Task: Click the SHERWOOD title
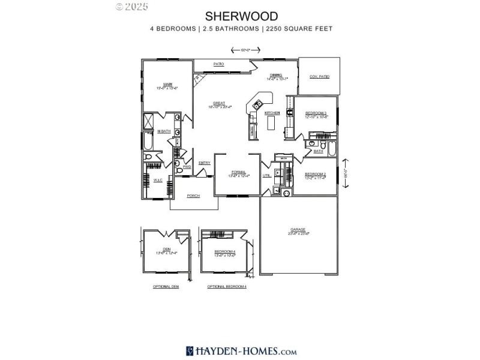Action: point(241,16)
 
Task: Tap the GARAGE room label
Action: point(298,229)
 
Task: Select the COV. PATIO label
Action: point(320,77)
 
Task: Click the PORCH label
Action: point(193,196)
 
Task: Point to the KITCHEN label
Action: point(272,113)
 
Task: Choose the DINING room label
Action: point(275,75)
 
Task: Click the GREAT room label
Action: point(219,103)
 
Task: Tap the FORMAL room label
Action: point(239,172)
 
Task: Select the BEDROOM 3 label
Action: point(316,113)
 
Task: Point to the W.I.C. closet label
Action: point(158,180)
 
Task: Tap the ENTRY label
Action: point(205,163)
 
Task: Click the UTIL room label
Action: point(266,175)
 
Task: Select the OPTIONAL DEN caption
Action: point(166,287)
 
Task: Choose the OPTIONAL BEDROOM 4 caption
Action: point(227,287)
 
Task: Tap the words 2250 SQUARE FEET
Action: point(298,28)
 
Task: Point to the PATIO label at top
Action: point(218,63)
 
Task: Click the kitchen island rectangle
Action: point(271,123)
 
